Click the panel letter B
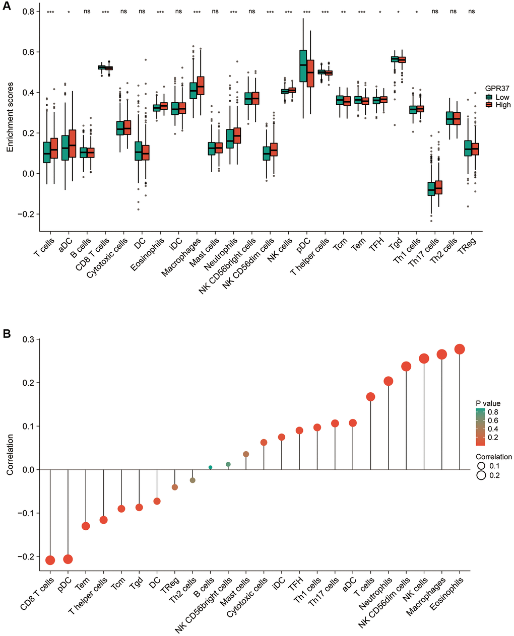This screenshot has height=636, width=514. tap(7, 334)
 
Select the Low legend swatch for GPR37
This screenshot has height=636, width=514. tap(488, 97)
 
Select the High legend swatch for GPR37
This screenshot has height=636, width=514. tap(488, 105)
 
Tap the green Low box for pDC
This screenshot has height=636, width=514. tap(303, 65)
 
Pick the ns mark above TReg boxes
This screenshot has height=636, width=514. tap(471, 12)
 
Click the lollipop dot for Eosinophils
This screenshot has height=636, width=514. tap(460, 349)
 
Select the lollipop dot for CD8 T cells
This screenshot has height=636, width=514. tap(50, 560)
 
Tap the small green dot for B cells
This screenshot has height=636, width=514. tap(210, 467)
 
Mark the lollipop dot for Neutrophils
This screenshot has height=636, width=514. tap(388, 381)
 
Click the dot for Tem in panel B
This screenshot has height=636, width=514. tap(86, 526)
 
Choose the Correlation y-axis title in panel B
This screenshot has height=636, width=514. tap(10, 455)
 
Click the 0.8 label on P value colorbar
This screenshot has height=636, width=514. tap(493, 412)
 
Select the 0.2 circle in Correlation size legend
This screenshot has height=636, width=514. tap(481, 475)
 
